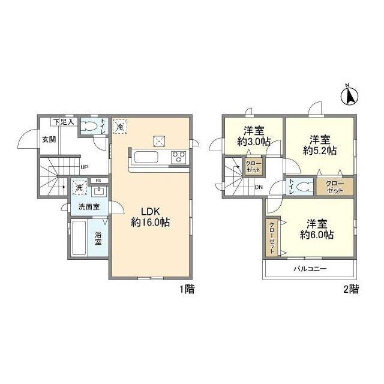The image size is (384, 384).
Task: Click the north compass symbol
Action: pos(349,95)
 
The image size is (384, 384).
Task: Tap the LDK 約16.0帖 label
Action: pos(151,217)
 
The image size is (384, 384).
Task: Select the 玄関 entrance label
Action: pos(49,140)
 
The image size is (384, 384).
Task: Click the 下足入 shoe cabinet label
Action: pos(64,122)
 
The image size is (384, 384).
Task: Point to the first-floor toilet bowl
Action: pos(89,127)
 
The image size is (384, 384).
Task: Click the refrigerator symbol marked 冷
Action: pos(120,127)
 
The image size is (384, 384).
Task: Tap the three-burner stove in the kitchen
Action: pos(179,157)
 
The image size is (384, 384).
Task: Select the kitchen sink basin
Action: pos(146,157)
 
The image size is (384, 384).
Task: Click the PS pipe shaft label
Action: pos(98,181)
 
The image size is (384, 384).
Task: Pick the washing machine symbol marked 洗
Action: pos(79,188)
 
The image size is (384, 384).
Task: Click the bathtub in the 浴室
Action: pos(79,238)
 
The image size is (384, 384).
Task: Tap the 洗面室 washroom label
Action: pos(89,207)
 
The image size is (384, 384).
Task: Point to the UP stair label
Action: pos(84,167)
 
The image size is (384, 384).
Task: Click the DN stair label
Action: pos(259,187)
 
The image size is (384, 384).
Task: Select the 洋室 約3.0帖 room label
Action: pos(254,136)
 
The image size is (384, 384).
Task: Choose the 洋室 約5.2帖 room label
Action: pos(320,145)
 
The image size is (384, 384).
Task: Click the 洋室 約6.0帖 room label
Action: pos(317,229)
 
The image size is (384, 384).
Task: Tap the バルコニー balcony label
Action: pos(310,269)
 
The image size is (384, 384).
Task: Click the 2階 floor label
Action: pos(351,289)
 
